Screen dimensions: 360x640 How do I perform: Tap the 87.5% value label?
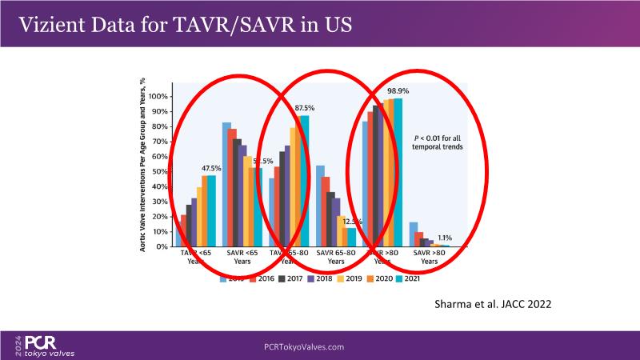click(304, 108)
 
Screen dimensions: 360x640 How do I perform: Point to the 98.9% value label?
click(399, 90)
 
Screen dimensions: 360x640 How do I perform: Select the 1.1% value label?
click(445, 238)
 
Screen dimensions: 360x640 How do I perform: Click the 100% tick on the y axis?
click(160, 96)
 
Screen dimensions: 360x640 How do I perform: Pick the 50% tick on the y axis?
click(162, 171)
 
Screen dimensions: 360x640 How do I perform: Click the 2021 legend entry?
click(409, 279)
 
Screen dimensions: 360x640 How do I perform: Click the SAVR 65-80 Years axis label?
click(336, 257)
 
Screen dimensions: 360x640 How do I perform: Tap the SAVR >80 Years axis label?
click(430, 257)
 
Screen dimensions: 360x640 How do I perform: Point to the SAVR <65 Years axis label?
click(242, 257)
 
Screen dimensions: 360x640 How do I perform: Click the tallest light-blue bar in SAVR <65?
click(226, 184)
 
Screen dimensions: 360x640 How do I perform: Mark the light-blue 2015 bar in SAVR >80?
click(414, 234)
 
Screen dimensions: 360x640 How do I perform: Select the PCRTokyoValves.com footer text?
click(304, 346)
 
